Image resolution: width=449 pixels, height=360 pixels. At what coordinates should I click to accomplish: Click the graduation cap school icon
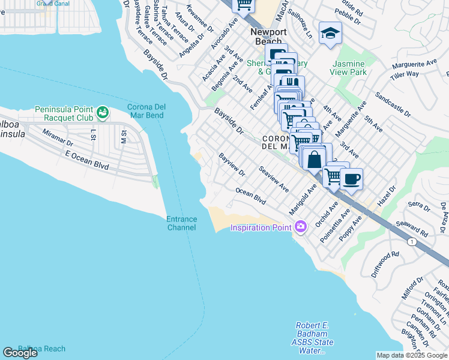(x=330, y=33)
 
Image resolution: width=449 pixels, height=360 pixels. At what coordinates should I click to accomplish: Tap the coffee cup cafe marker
(x=351, y=178)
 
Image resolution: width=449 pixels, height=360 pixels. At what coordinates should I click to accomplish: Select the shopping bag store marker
(x=314, y=160)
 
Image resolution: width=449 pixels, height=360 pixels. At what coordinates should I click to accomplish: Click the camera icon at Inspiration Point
(x=301, y=226)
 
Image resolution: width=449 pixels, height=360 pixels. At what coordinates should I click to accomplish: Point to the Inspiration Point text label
(x=261, y=227)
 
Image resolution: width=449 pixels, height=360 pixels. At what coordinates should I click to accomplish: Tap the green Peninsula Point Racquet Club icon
(x=103, y=112)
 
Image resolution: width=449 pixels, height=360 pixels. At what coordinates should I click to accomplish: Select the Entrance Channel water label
(x=181, y=223)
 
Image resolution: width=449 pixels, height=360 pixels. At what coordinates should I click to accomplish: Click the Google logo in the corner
(x=20, y=353)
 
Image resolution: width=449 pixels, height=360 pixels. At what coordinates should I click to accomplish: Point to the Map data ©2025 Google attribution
(x=411, y=355)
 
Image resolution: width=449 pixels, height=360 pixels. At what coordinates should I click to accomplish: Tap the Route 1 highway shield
(x=411, y=241)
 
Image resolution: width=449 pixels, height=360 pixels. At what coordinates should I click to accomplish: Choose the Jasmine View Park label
(x=348, y=68)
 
